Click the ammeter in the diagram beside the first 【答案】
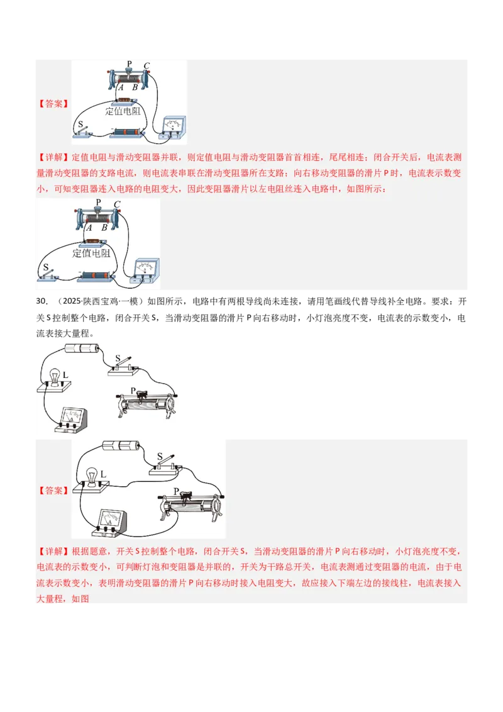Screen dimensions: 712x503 click(x=172, y=126)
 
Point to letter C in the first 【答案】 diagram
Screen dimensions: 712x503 click(x=146, y=66)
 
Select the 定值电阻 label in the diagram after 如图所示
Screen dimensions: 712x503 click(x=91, y=253)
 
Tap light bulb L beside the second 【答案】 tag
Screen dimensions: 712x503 click(x=92, y=476)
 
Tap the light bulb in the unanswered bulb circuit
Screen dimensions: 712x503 click(x=55, y=377)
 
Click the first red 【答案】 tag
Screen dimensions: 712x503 click(x=53, y=104)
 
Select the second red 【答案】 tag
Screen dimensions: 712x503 click(x=53, y=491)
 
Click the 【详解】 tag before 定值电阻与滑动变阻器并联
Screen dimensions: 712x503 click(x=53, y=157)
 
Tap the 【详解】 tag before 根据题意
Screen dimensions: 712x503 click(x=53, y=551)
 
